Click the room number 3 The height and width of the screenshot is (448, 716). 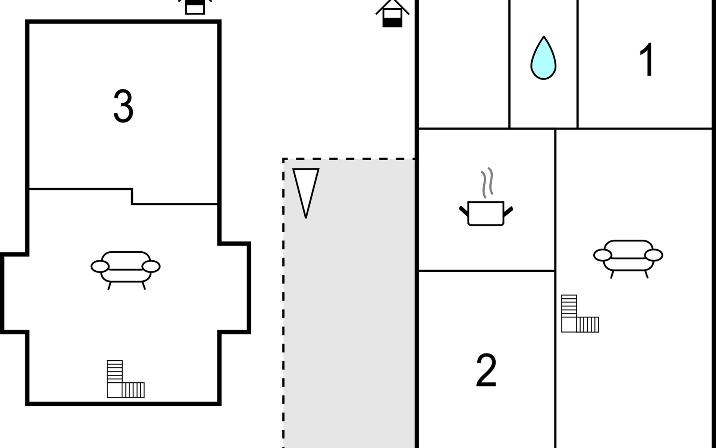123,106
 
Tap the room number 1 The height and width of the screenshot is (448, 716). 646,60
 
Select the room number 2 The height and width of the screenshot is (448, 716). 486,370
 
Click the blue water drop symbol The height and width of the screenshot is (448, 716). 543,59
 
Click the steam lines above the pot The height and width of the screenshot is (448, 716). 487,182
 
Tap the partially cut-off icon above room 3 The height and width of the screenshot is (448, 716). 195,7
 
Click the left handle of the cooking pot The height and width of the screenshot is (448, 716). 464,210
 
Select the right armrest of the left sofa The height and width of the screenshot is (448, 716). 151,267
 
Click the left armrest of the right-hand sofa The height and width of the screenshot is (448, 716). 603,255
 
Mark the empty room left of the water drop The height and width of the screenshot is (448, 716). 464,63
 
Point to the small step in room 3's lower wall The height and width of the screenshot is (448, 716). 132,197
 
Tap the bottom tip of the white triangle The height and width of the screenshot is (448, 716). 306,216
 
